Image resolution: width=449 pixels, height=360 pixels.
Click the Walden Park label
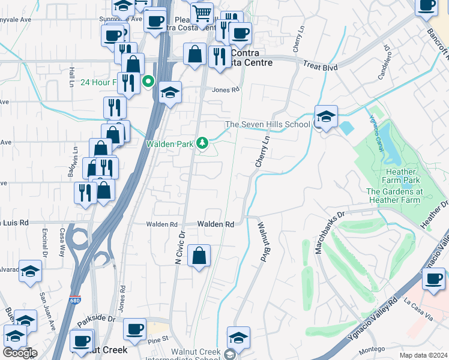[170, 144]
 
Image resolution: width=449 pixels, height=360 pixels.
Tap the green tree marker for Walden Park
[203, 143]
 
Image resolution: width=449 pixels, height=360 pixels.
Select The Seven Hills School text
[268, 124]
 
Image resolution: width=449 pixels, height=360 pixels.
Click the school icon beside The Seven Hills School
[325, 116]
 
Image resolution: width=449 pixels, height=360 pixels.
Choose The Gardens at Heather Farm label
[403, 196]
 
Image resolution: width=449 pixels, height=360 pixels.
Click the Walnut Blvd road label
[262, 242]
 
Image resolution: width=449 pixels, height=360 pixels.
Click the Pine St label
[158, 341]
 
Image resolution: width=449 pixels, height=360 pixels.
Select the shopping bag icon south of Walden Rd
[199, 256]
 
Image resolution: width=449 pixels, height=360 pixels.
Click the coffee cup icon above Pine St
[134, 329]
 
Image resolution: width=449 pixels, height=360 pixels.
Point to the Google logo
[20, 353]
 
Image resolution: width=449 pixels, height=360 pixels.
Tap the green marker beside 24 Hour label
[148, 82]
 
